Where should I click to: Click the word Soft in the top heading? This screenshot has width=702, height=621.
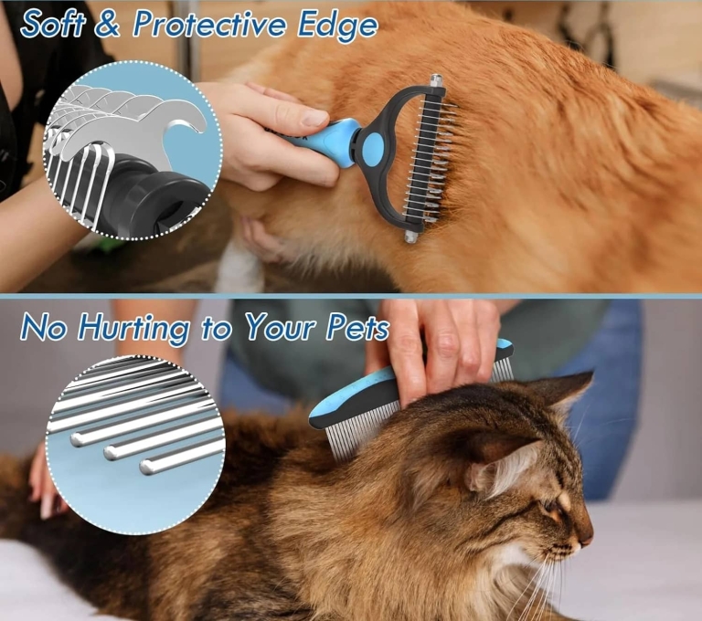click(x=54, y=25)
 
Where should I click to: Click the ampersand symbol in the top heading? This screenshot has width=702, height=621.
click(x=108, y=25)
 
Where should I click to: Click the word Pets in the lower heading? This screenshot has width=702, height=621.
click(x=351, y=328)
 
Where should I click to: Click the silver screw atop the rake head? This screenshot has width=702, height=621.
click(x=436, y=81)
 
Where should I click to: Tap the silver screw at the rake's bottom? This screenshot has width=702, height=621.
click(x=411, y=237)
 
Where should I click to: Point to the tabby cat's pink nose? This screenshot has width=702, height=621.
click(x=586, y=541)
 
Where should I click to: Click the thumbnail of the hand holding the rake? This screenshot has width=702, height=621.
click(x=314, y=118)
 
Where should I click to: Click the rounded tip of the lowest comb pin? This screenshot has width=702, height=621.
click(x=146, y=468)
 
